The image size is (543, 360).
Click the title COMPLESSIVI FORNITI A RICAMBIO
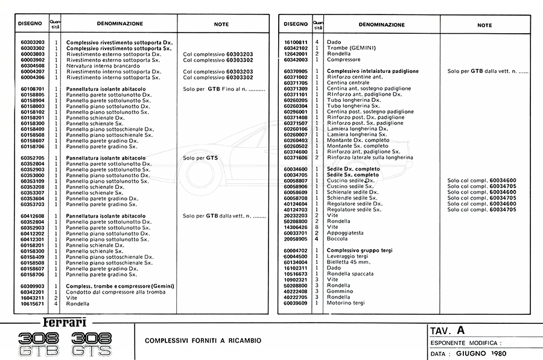coord(203,341)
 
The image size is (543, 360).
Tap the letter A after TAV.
coord(461,330)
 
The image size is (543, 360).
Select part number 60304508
coord(32,66)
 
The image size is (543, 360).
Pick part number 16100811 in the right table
coord(296,42)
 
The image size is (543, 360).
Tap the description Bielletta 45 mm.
coord(350,262)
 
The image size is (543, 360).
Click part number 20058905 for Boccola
coord(296,239)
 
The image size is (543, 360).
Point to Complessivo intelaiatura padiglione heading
coord(372,71)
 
